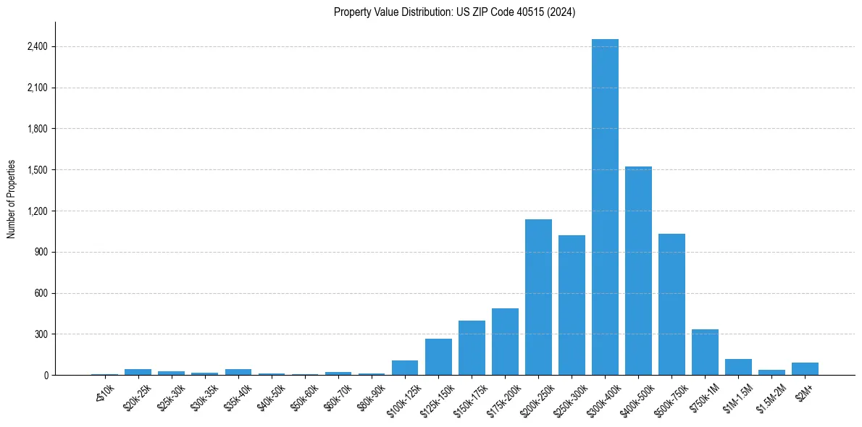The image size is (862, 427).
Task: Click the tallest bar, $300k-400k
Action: pos(605,207)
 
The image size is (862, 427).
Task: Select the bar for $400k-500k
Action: pos(638,271)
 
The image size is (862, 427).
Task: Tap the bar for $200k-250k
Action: pos(538,297)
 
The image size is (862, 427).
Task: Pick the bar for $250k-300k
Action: pos(572,305)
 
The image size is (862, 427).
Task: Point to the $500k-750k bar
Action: pos(671,304)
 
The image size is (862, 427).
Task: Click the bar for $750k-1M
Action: pos(705,352)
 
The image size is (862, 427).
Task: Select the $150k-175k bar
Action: pos(472,347)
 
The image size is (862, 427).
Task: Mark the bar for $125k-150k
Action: pos(438,357)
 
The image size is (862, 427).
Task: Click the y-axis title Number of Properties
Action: pos(12,199)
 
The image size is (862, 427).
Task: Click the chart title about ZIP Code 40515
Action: pos(454,12)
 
